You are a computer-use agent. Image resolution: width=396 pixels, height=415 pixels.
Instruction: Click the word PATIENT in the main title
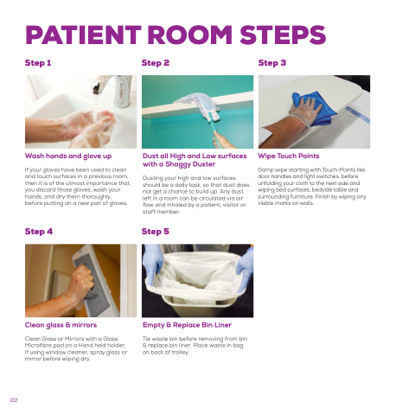pyautogui.click(x=83, y=35)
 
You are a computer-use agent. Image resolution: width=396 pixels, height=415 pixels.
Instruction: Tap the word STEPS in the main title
pyautogui.click(x=283, y=35)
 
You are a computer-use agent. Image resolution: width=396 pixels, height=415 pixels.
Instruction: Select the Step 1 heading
pyautogui.click(x=38, y=63)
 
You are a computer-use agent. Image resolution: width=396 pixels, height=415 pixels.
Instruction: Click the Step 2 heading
pyautogui.click(x=156, y=63)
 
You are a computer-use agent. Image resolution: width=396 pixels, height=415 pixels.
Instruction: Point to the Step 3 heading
pyautogui.click(x=272, y=63)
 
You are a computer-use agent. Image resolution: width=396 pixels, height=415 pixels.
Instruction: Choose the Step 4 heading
pyautogui.click(x=39, y=232)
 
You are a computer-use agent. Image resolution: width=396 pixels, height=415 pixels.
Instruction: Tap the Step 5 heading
pyautogui.click(x=156, y=232)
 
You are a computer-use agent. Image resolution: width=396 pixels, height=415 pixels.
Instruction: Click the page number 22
pyautogui.click(x=14, y=399)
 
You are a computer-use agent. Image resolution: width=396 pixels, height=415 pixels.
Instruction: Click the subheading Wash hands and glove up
pyautogui.click(x=68, y=156)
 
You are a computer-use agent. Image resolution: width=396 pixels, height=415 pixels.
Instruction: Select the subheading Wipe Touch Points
pyautogui.click(x=289, y=156)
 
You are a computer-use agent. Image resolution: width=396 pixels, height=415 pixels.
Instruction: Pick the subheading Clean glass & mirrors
pyautogui.click(x=61, y=325)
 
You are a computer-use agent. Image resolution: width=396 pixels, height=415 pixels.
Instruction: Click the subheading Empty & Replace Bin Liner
pyautogui.click(x=187, y=325)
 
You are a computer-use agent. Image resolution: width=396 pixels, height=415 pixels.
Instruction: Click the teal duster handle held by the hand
pyautogui.click(x=217, y=133)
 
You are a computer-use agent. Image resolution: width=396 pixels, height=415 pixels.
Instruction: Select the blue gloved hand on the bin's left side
pyautogui.click(x=153, y=264)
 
